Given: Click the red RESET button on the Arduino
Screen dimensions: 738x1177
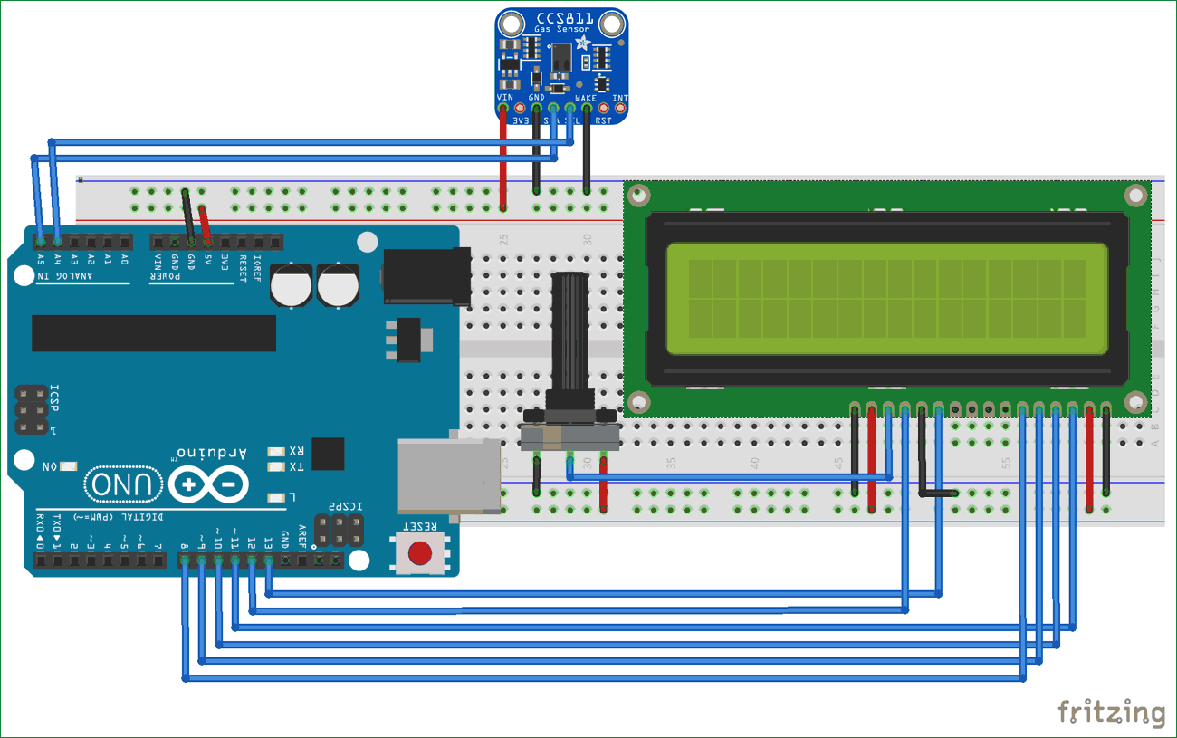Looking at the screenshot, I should (419, 551).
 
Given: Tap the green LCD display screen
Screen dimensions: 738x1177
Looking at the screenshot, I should (886, 299).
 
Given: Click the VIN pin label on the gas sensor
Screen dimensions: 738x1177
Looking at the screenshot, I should (504, 96).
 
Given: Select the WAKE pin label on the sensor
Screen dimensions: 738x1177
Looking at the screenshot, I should (586, 96).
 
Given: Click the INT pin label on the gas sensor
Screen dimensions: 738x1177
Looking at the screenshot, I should (620, 97).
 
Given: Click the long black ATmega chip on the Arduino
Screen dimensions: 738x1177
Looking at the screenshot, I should (154, 333).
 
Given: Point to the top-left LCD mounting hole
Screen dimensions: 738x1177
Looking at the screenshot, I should (640, 194).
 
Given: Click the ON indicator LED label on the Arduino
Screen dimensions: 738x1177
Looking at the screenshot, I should (49, 466).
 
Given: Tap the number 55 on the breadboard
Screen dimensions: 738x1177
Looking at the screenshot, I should (1005, 463).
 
